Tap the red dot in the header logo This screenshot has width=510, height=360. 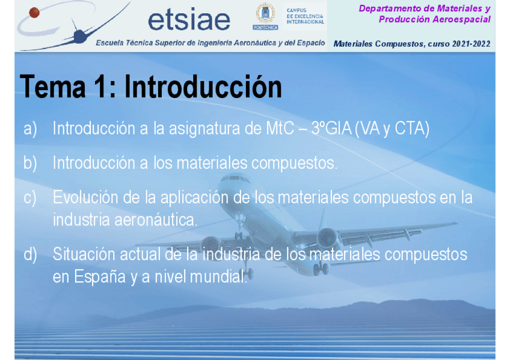(x=34, y=13)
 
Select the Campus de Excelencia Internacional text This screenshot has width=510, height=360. (x=305, y=16)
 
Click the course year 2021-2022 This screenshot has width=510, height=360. (x=472, y=44)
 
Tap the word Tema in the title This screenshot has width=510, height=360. (x=53, y=87)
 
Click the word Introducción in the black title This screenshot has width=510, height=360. (x=203, y=87)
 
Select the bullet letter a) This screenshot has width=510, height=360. (x=30, y=129)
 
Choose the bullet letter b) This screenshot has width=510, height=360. (x=30, y=163)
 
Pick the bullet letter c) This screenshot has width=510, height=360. (x=30, y=198)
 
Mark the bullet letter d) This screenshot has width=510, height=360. (x=30, y=254)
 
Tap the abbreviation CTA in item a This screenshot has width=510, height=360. (x=412, y=129)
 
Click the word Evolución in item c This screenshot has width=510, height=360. (x=85, y=197)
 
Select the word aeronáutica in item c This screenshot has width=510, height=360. (x=156, y=220)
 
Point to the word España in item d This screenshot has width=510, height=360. (x=99, y=277)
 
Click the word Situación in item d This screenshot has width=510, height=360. (x=84, y=254)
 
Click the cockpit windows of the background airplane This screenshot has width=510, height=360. (x=235, y=178)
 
